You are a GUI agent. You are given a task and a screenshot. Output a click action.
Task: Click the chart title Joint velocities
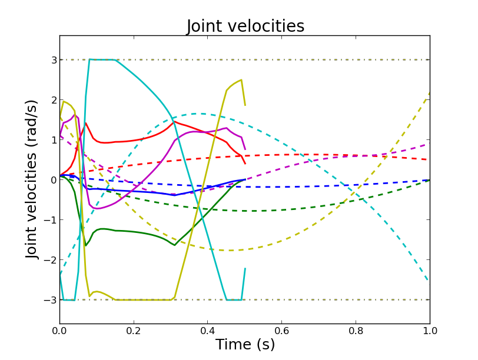click(x=245, y=26)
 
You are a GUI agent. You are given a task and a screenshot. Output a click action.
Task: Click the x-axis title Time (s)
click(x=245, y=345)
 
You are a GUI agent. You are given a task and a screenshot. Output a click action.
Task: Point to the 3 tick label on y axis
click(x=53, y=60)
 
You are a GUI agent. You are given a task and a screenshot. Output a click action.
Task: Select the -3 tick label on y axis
click(x=51, y=300)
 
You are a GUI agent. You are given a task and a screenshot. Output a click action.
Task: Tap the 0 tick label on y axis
click(x=53, y=180)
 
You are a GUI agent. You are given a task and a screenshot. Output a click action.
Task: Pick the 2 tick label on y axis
click(x=53, y=100)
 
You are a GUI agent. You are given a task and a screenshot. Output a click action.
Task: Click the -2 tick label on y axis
click(x=51, y=260)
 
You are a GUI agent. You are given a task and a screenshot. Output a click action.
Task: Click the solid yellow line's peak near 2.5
click(x=241, y=80)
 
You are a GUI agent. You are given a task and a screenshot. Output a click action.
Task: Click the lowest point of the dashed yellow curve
click(x=230, y=251)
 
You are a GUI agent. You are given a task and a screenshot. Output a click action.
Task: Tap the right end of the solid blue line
click(x=245, y=179)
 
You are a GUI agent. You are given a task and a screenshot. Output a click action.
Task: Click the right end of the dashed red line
click(x=429, y=159)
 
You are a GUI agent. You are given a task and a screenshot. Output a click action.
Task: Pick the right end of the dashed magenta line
click(x=429, y=144)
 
